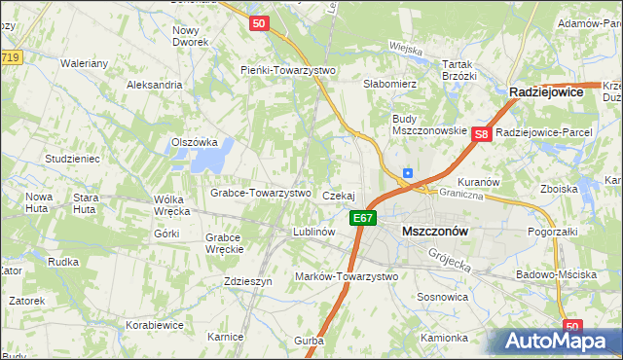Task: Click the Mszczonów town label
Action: point(434,232)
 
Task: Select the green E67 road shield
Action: point(363,218)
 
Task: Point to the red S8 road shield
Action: point(481,135)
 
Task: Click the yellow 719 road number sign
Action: point(11,58)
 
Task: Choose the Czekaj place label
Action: point(339,197)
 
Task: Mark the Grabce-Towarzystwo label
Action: point(261,193)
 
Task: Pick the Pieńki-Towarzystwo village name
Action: point(288,70)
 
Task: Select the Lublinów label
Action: point(314,233)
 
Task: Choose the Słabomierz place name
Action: point(390,85)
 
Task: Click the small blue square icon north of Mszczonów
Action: point(407,174)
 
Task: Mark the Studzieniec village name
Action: point(72,158)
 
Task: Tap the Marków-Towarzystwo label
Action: point(347,277)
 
